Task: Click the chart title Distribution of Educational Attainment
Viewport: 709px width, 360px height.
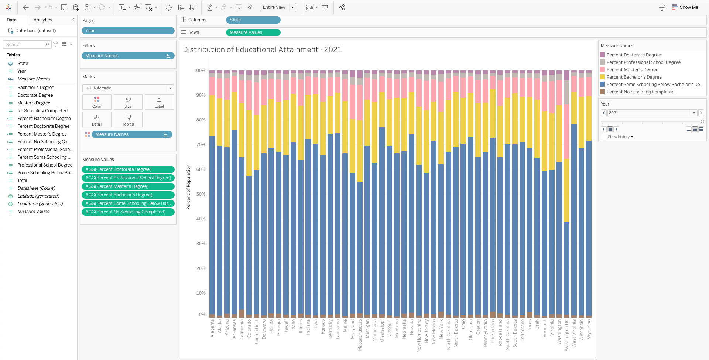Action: pyautogui.click(x=262, y=49)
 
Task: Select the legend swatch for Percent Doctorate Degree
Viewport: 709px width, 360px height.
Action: pyautogui.click(x=602, y=55)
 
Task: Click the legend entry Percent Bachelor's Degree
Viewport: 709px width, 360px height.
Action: pyautogui.click(x=634, y=77)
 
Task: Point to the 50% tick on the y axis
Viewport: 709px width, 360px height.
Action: pyautogui.click(x=201, y=194)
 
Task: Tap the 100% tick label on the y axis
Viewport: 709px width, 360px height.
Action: pyautogui.click(x=199, y=71)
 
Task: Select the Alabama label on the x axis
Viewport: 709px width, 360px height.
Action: pyautogui.click(x=212, y=328)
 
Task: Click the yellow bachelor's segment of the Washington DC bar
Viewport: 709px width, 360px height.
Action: pyautogui.click(x=566, y=190)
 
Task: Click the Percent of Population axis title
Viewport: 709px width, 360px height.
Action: pyautogui.click(x=188, y=187)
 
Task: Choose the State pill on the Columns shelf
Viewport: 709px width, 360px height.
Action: pyautogui.click(x=253, y=20)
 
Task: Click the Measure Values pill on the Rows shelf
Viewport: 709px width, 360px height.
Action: pyautogui.click(x=253, y=32)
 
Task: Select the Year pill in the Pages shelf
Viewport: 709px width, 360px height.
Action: pyautogui.click(x=128, y=31)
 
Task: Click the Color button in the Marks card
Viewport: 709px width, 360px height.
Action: pyautogui.click(x=97, y=102)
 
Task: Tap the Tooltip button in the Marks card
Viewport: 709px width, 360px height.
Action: pyautogui.click(x=128, y=120)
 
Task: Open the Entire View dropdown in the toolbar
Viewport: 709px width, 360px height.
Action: pyautogui.click(x=278, y=7)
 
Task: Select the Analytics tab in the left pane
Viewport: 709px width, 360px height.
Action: pyautogui.click(x=43, y=20)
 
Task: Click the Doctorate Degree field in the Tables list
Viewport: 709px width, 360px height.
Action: pyautogui.click(x=35, y=95)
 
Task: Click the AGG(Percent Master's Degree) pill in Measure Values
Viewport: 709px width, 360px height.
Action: pyautogui.click(x=128, y=186)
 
